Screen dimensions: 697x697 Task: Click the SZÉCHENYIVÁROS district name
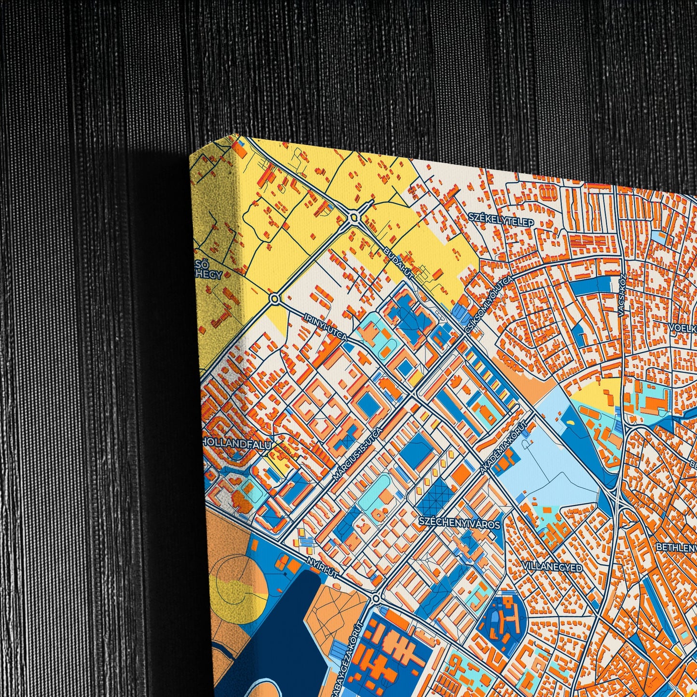point(459,522)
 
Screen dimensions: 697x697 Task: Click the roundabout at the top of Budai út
point(355,218)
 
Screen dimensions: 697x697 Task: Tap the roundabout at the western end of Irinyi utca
point(275,299)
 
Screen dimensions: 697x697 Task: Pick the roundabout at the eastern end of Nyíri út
point(377,599)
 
